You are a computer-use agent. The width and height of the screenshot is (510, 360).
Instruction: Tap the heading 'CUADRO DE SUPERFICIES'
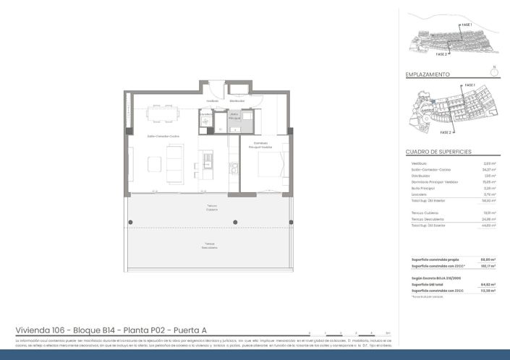click(x=438, y=152)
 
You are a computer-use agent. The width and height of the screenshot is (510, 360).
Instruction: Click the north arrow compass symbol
click(x=493, y=72)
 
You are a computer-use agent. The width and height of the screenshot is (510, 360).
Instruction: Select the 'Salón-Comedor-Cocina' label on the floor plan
click(x=163, y=136)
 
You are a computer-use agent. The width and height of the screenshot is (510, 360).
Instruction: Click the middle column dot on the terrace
click(x=234, y=221)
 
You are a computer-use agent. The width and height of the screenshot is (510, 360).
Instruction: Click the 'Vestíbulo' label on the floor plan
click(x=212, y=101)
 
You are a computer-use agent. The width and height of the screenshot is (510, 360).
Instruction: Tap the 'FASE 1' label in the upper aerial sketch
click(x=467, y=25)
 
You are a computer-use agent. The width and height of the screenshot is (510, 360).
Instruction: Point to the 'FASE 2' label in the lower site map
click(x=446, y=133)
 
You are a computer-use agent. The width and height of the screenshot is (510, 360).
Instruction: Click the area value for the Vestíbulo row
click(x=489, y=163)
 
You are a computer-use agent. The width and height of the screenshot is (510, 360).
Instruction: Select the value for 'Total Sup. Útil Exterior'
click(x=488, y=226)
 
